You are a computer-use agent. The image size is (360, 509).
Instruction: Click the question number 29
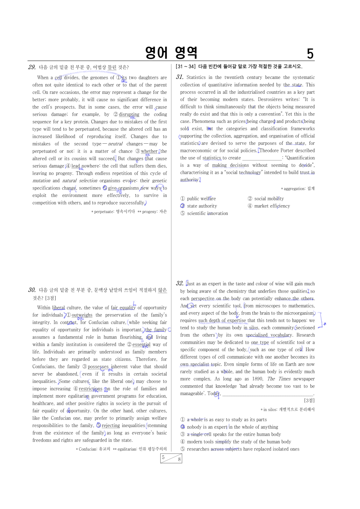tap(32, 67)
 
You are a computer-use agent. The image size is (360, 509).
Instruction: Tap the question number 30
tap(32, 290)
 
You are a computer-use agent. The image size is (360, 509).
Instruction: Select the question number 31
tap(180, 77)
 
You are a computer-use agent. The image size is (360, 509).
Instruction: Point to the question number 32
tap(180, 283)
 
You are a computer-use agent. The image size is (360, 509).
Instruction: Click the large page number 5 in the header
tap(310, 54)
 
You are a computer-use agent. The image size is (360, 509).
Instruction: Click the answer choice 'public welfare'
tap(201, 199)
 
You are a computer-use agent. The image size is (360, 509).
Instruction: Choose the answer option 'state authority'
tap(202, 206)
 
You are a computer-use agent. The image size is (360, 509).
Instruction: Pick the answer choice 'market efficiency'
tap(272, 206)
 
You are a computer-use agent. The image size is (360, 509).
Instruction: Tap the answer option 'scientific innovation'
tap(207, 213)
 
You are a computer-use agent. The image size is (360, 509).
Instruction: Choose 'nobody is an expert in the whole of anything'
tap(232, 427)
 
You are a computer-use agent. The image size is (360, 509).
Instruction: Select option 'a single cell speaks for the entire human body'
tap(234, 434)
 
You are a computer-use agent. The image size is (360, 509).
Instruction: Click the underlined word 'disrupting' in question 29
tap(129, 114)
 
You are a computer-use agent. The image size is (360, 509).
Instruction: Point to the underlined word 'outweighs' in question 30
tap(82, 315)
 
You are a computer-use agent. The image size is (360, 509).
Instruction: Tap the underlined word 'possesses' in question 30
tap(98, 367)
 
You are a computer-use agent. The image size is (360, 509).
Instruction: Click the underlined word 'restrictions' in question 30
tap(90, 389)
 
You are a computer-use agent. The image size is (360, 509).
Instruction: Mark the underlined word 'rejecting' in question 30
tap(111, 426)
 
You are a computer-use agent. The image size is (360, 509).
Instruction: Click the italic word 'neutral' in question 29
tap(115, 144)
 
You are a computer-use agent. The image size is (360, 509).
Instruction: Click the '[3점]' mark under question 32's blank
tap(309, 401)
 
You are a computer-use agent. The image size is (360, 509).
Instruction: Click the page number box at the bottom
tap(171, 458)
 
